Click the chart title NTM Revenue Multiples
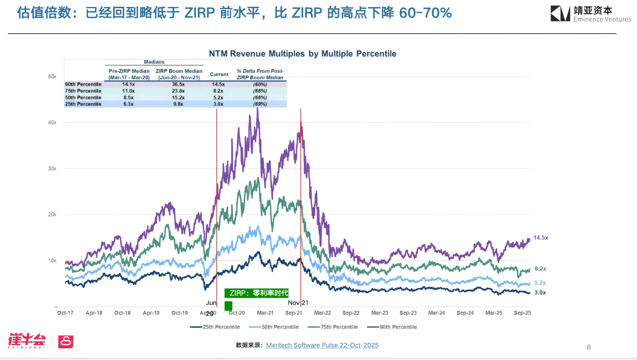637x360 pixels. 303,53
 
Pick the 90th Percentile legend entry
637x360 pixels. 392,327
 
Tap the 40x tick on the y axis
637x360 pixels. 52,122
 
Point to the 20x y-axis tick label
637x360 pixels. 52,214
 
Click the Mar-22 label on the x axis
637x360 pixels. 322,313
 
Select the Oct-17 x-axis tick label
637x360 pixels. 65,313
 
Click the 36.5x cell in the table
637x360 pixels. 178,85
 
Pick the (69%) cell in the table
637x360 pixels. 260,104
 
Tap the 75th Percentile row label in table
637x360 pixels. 83,91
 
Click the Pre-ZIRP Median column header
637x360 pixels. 129,74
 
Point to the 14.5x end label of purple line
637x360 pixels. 541,238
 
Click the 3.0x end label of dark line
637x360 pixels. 540,293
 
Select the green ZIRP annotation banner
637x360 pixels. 256,293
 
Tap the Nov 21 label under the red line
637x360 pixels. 298,303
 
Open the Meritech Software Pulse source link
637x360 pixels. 322,345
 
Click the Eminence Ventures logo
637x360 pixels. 590,14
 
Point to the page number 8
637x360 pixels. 589,347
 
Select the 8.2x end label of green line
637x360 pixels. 540,269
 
